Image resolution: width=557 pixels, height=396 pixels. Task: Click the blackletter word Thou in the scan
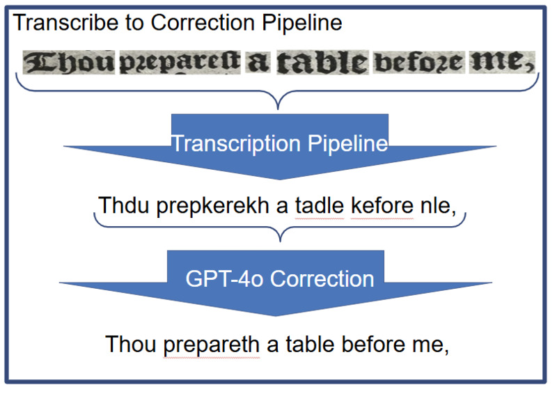pos(69,63)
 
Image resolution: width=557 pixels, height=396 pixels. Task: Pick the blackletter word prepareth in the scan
pos(181,63)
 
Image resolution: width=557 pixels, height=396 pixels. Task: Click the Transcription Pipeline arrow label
pos(279,143)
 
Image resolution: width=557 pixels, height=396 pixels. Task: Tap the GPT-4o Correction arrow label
pos(279,279)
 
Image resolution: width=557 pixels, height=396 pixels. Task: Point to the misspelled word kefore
pos(382,206)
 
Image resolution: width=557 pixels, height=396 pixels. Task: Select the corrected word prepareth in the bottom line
pos(212,344)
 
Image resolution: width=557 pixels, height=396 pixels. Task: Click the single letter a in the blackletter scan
pos(258,63)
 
